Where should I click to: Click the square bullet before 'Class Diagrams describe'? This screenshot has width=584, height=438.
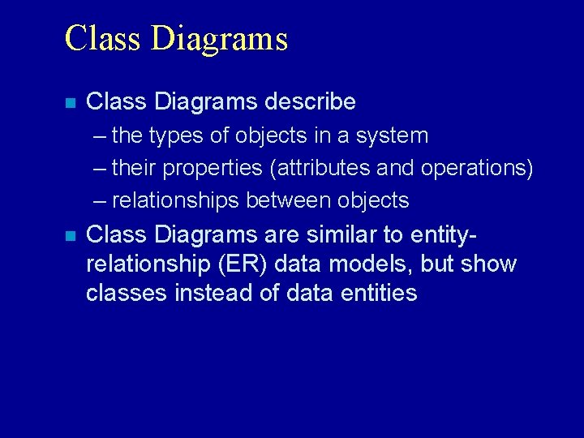click(71, 103)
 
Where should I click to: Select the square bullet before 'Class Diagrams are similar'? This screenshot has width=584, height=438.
click(71, 236)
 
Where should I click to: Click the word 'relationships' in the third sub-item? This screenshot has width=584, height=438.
click(176, 200)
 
